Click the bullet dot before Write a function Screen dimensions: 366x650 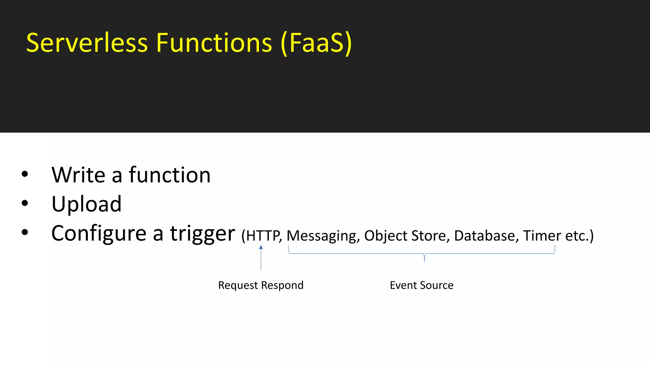click(x=25, y=174)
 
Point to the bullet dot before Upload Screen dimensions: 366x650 click(x=25, y=203)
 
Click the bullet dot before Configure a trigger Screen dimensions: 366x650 click(x=25, y=233)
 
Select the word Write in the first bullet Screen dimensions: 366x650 click(x=78, y=175)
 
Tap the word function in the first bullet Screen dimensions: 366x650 click(x=169, y=175)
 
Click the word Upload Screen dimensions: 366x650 click(x=86, y=204)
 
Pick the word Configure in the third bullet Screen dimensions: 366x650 click(x=99, y=234)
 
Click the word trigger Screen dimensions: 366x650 click(x=202, y=234)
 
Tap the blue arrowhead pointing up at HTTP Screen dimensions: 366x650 click(x=261, y=247)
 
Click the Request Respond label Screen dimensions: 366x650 click(x=261, y=285)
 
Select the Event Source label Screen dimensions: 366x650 click(x=421, y=285)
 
